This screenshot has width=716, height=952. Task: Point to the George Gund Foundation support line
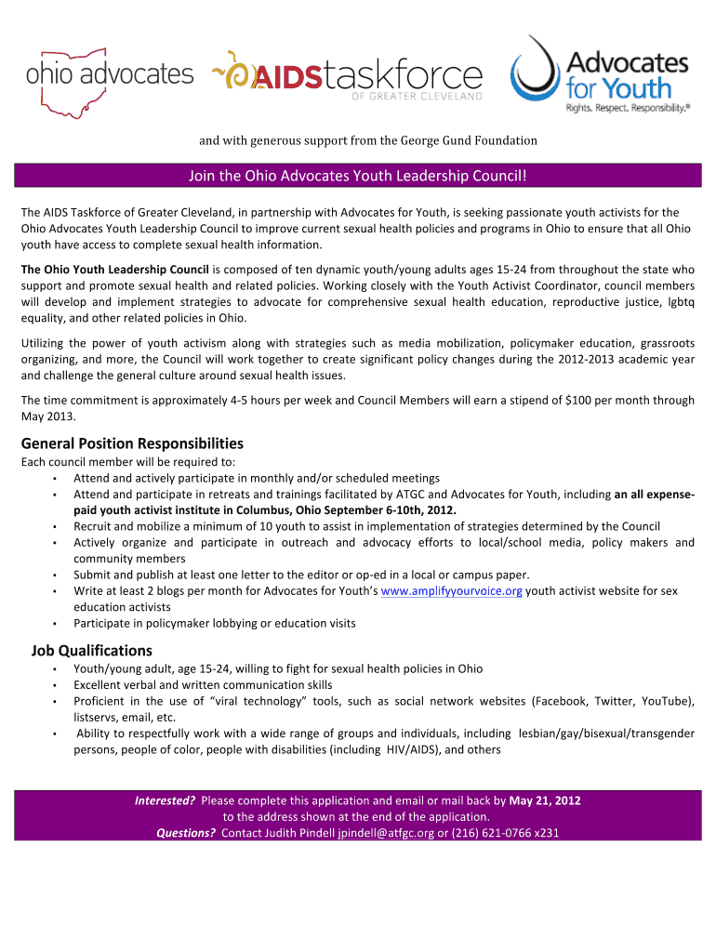pos(368,140)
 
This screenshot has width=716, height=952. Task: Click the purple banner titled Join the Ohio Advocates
pos(358,176)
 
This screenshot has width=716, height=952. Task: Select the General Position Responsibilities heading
pos(132,443)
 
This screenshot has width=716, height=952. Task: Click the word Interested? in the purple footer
pos(166,800)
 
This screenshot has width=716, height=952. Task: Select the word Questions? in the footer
pos(186,832)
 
